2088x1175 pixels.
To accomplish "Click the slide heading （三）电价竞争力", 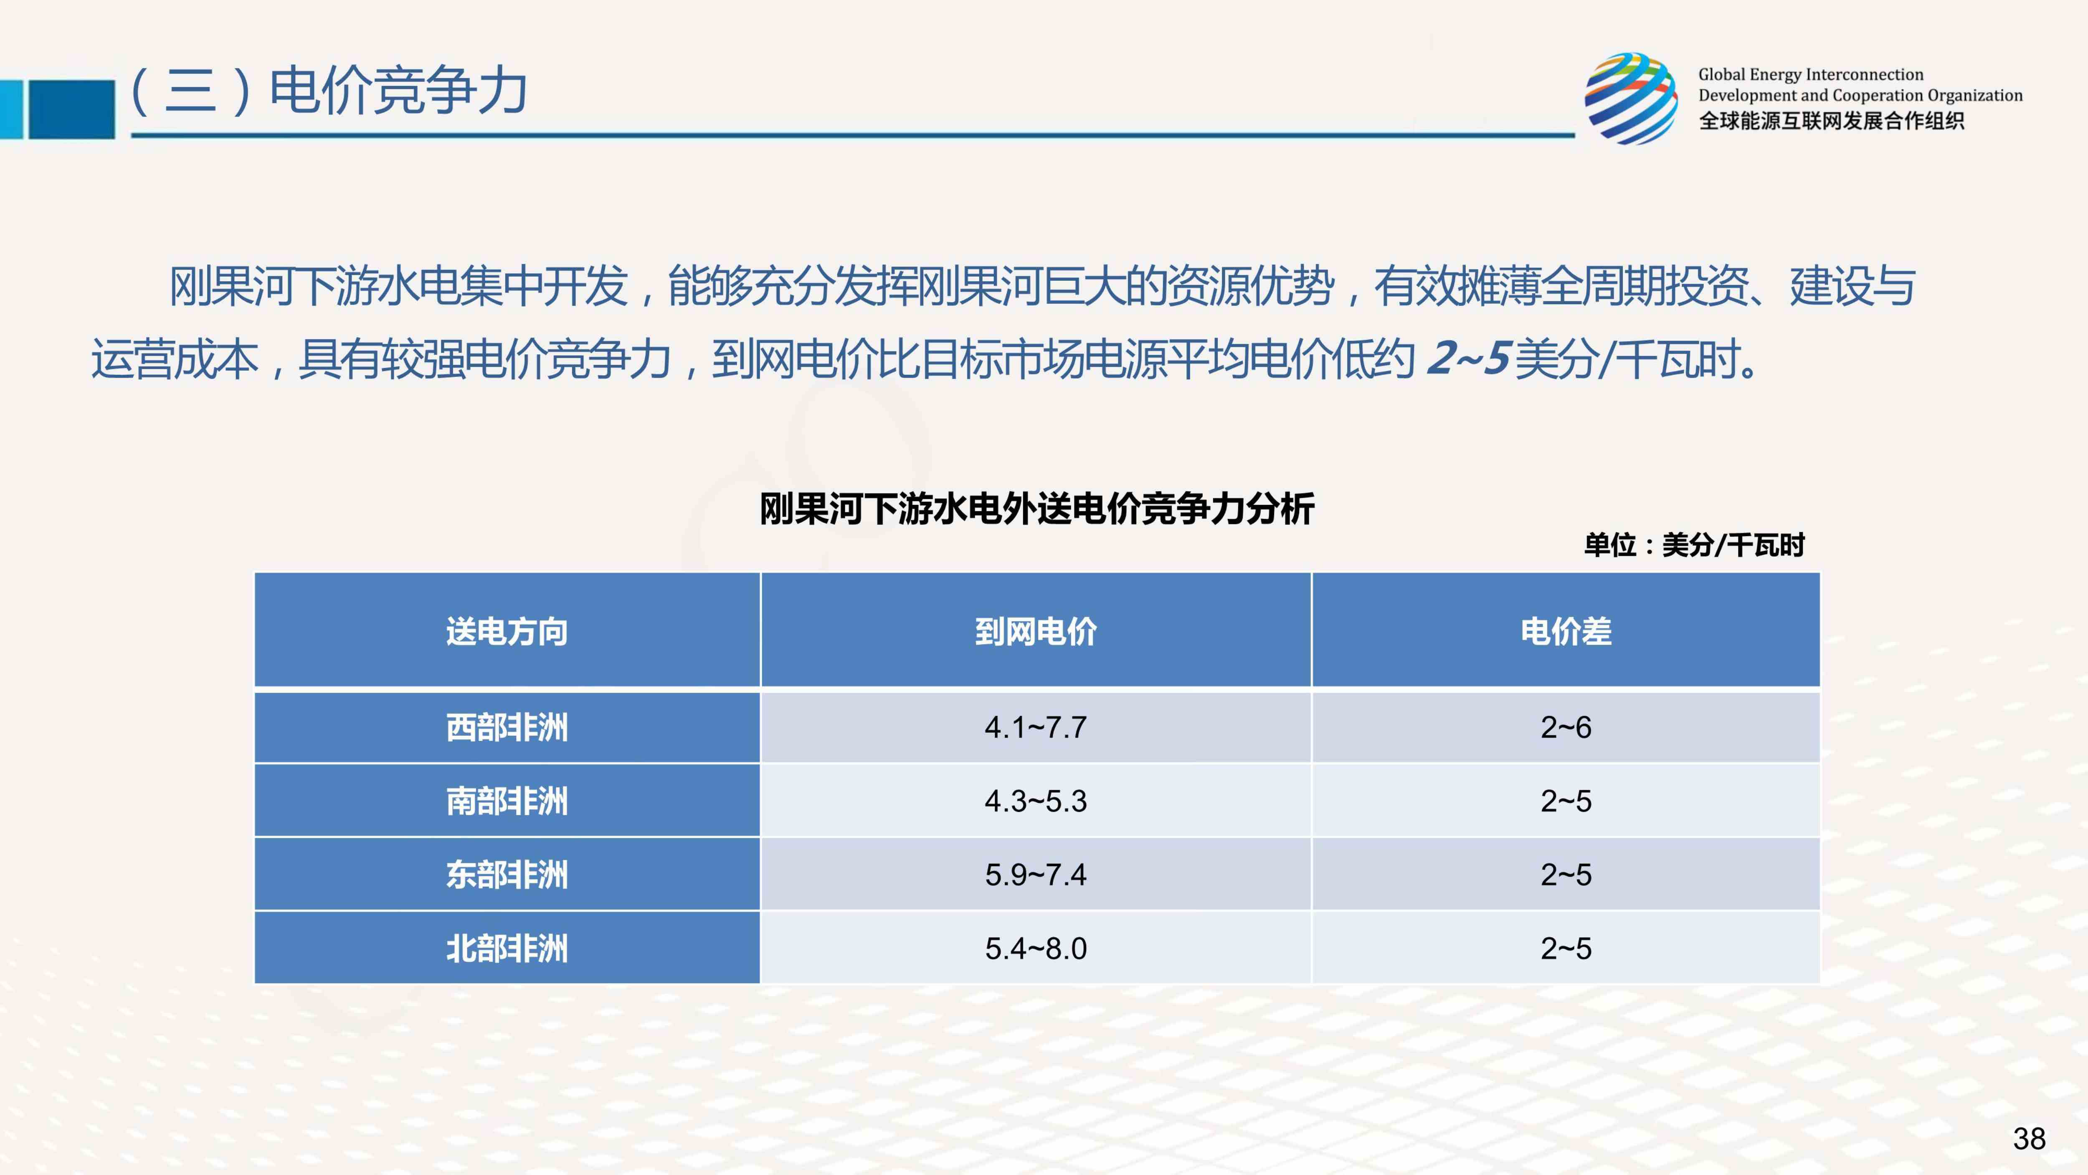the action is pyautogui.click(x=328, y=90).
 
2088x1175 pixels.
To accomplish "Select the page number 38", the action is pyautogui.click(x=2029, y=1139).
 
